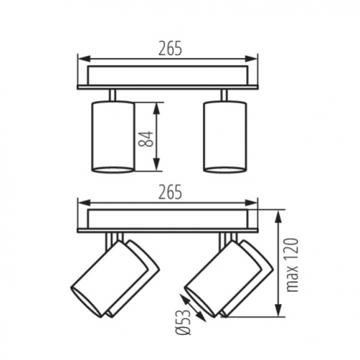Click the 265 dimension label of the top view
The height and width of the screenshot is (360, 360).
pos(170,49)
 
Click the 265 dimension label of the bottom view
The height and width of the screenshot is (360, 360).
pos(170,192)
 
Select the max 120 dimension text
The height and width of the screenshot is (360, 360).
pos(292,265)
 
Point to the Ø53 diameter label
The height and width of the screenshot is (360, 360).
pos(183,322)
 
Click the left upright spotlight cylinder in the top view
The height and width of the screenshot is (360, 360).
pos(112,137)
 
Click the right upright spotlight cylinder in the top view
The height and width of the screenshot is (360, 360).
pos(225,137)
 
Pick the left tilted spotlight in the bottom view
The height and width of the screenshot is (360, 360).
pos(115,278)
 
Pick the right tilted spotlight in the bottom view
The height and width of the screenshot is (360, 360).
pos(229,278)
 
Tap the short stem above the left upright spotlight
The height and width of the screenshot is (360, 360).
pos(112,95)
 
